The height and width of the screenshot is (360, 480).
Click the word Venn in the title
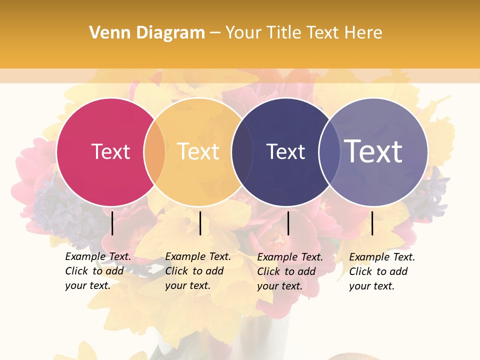tap(105, 33)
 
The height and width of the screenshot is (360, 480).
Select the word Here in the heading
tap(363, 33)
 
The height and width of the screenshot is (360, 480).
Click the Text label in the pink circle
tap(110, 151)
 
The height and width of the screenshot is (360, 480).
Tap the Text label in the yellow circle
tap(198, 151)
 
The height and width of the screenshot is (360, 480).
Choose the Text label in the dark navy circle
tap(285, 151)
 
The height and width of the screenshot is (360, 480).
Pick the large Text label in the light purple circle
tap(373, 151)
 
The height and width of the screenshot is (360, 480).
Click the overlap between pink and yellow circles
tap(154, 151)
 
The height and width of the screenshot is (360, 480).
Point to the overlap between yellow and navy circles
tap(242, 151)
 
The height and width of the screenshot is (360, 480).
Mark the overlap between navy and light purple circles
tap(329, 151)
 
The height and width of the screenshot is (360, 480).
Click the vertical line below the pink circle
tap(112, 223)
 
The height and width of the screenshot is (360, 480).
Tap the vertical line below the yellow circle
tap(200, 223)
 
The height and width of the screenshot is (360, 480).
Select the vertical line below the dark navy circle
tap(288, 223)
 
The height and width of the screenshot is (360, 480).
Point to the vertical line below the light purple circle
tap(372, 223)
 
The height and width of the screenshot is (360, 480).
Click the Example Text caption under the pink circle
tap(98, 271)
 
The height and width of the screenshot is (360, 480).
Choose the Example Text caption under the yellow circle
tap(198, 271)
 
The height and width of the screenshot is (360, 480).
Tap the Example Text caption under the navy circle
tap(290, 271)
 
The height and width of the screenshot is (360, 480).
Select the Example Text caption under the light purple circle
tap(382, 271)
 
